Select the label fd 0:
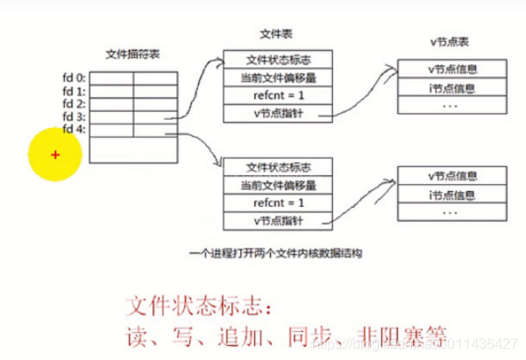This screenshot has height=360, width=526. pyautogui.click(x=73, y=79)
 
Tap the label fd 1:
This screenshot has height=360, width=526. pyautogui.click(x=73, y=91)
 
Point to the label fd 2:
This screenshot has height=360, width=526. pyautogui.click(x=73, y=103)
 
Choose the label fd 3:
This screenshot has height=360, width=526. pyautogui.click(x=73, y=116)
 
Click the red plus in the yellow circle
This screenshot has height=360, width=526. pyautogui.click(x=54, y=155)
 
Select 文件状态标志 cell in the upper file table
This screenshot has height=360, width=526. pyautogui.click(x=278, y=60)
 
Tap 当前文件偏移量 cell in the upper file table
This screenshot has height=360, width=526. pyautogui.click(x=278, y=78)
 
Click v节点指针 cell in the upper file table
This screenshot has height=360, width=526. pyautogui.click(x=278, y=113)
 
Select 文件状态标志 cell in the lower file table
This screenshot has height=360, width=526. pyautogui.click(x=278, y=166)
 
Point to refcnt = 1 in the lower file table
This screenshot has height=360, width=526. pyautogui.click(x=278, y=202)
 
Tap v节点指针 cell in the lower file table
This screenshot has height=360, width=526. pyautogui.click(x=278, y=221)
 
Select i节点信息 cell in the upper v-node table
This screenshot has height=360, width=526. pyautogui.click(x=452, y=88)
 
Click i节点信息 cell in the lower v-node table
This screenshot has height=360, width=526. pyautogui.click(x=452, y=194)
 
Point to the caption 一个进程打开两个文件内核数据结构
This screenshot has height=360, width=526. pyautogui.click(x=275, y=252)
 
